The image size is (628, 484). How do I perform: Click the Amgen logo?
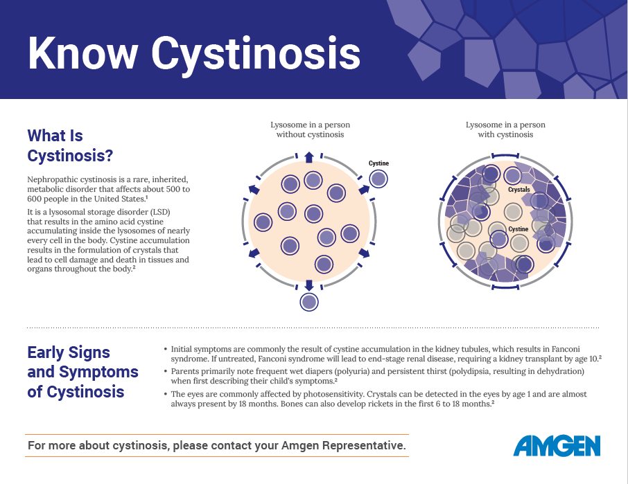pos(557,446)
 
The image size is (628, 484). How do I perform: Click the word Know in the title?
pos(83,53)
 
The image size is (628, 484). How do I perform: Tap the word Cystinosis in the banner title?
pos(256,56)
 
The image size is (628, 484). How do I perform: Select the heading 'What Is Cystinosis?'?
pos(70,145)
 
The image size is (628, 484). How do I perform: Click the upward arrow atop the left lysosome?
pos(308,157)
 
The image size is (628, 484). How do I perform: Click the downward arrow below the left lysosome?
pos(308,285)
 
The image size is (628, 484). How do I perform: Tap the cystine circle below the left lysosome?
pos(308,302)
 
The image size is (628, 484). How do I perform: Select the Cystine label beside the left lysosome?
pos(378,163)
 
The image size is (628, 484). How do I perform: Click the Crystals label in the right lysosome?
pos(518,189)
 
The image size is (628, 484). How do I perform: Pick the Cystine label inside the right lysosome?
pos(518,228)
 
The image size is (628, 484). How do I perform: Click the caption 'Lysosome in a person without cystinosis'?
pos(310,129)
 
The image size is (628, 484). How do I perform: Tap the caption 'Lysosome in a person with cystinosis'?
pos(505,129)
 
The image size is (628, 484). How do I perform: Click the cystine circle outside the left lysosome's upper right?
pos(378,179)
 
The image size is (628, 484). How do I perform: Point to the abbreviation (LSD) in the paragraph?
pos(160,212)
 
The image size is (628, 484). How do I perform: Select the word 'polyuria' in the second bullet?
pos(351,371)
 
